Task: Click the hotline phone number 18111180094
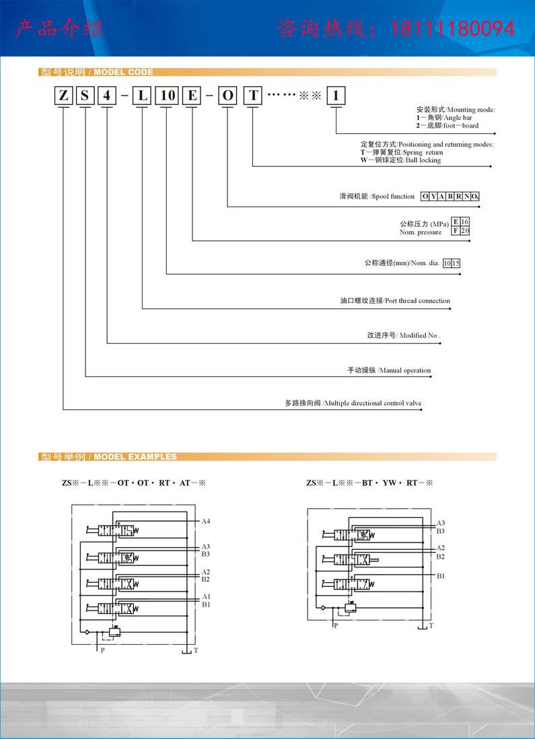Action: pyautogui.click(x=452, y=30)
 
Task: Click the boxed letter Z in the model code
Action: pyautogui.click(x=63, y=96)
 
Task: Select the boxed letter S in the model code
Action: pyautogui.click(x=85, y=96)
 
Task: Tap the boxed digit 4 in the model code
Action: pyautogui.click(x=107, y=96)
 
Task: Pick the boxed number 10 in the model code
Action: pyautogui.click(x=167, y=96)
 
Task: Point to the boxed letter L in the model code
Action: pyautogui.click(x=143, y=96)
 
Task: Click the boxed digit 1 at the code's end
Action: pyautogui.click(x=336, y=96)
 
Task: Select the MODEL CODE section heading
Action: pyautogui.click(x=124, y=72)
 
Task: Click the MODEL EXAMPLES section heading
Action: pyautogui.click(x=135, y=457)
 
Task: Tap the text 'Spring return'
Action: pyautogui.click(x=423, y=152)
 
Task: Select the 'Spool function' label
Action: pyautogui.click(x=393, y=196)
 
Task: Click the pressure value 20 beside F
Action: pyautogui.click(x=465, y=231)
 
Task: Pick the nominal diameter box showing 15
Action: pyautogui.click(x=456, y=263)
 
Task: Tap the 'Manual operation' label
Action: pyautogui.click(x=405, y=370)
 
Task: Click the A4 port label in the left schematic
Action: pyautogui.click(x=205, y=522)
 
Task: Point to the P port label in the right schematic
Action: pyautogui.click(x=336, y=626)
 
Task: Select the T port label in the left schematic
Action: pyautogui.click(x=196, y=650)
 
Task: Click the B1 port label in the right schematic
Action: pyautogui.click(x=441, y=576)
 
